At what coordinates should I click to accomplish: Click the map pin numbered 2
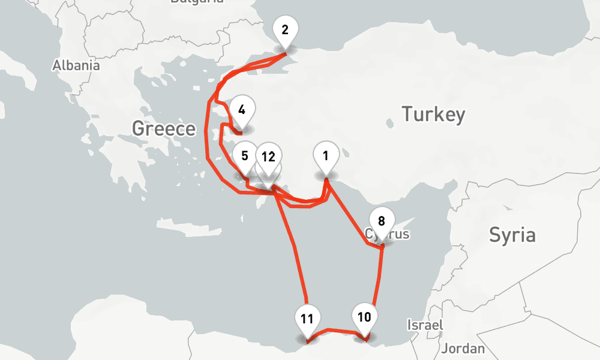point(284,29)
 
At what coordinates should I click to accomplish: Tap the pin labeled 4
point(242,110)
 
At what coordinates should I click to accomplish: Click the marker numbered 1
point(325,157)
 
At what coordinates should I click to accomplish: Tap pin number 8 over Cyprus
point(382,220)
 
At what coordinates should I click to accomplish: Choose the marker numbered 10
point(364,316)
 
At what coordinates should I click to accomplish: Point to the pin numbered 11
point(307,319)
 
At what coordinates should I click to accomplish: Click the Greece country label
point(164,128)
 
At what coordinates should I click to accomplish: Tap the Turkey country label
point(433,114)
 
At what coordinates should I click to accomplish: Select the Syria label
point(511,235)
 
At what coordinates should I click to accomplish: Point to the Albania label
point(76,65)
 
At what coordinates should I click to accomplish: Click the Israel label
point(425,325)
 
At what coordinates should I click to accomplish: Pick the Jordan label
point(463,348)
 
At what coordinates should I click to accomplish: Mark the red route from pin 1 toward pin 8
point(348,213)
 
